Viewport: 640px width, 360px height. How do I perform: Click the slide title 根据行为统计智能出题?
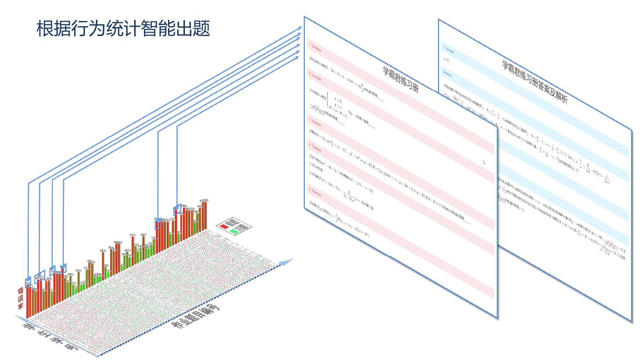pyautogui.click(x=123, y=29)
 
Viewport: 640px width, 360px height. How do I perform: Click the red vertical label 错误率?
pyautogui.click(x=20, y=298)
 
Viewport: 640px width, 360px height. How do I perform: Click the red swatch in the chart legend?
pyautogui.click(x=225, y=227)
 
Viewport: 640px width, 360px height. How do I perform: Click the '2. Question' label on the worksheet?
pyautogui.click(x=315, y=74)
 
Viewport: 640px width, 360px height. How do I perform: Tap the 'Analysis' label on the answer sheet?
pyautogui.click(x=448, y=71)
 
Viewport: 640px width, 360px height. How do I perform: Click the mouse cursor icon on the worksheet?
pyautogui.click(x=484, y=163)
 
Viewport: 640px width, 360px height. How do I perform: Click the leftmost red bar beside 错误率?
pyautogui.click(x=28, y=300)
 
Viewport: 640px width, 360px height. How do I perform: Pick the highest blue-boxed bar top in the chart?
pyautogui.click(x=177, y=210)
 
